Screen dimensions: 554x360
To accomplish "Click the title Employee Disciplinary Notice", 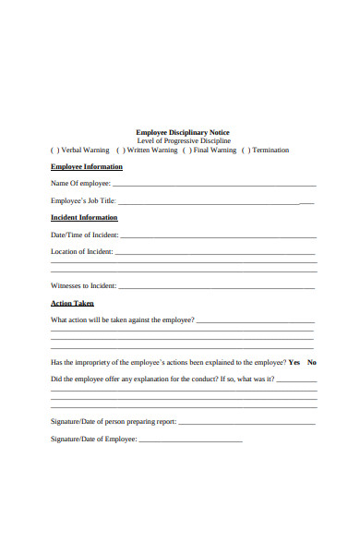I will click(x=183, y=132).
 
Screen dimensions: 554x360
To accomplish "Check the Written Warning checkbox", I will click(x=120, y=150).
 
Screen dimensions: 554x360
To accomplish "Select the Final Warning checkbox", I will click(x=186, y=150).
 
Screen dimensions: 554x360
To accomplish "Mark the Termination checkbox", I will click(x=246, y=150).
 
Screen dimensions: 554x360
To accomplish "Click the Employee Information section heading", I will click(x=86, y=167).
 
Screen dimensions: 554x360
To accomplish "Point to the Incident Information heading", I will click(x=84, y=218).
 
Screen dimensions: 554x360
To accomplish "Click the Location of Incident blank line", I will click(x=215, y=252).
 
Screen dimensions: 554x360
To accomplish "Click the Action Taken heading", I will click(x=72, y=303).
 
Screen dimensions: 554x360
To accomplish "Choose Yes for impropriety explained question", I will click(x=294, y=362).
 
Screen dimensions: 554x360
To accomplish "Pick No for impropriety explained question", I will click(x=312, y=362).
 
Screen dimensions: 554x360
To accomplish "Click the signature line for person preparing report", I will click(x=246, y=422).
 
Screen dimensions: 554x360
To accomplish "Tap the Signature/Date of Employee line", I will click(x=189, y=440).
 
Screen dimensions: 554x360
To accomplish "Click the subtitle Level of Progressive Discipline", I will click(x=183, y=140).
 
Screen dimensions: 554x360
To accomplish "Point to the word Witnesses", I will click(x=66, y=285).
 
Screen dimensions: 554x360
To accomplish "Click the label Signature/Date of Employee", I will click(x=92, y=440).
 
